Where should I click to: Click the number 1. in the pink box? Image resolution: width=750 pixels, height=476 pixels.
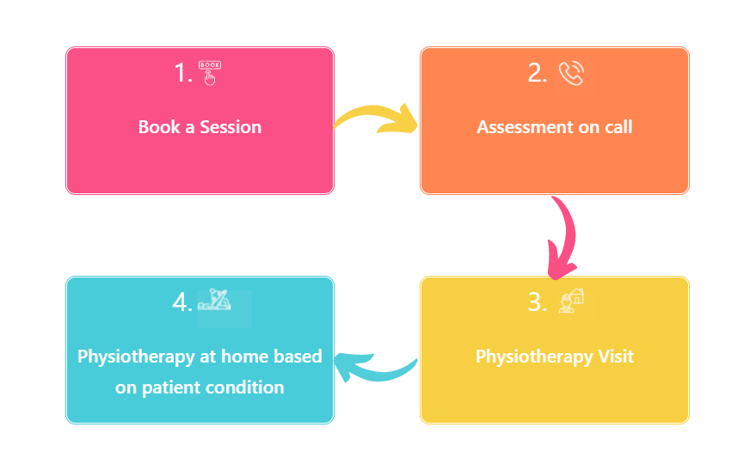183,74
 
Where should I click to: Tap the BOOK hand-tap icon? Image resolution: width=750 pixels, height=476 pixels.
210,72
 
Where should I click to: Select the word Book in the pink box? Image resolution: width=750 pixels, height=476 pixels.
159,127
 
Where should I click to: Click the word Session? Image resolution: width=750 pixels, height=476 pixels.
231,127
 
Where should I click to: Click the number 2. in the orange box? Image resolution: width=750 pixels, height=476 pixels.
538,74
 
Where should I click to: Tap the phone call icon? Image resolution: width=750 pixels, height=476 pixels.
571,74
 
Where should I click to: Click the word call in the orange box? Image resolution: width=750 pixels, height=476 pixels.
616,127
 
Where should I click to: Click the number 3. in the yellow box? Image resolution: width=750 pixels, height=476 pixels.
538,302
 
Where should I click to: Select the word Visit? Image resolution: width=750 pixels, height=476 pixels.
612,356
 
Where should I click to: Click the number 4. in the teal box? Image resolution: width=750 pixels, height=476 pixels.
181,302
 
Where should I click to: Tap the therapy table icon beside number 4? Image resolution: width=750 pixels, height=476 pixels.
215,302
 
